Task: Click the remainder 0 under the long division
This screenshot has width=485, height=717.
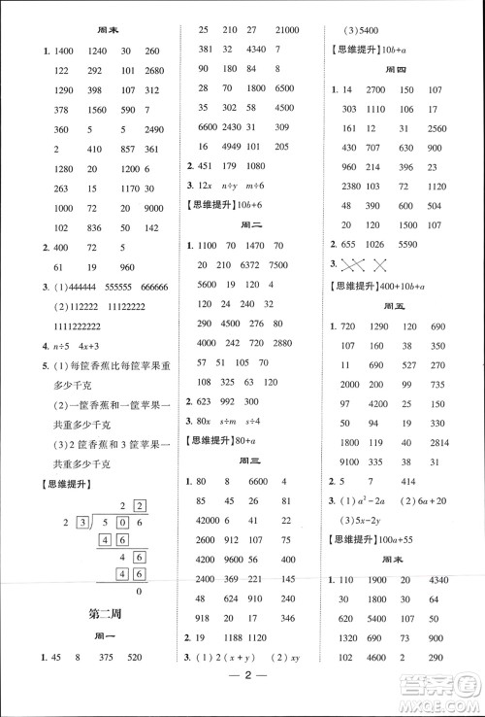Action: coord(138,592)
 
